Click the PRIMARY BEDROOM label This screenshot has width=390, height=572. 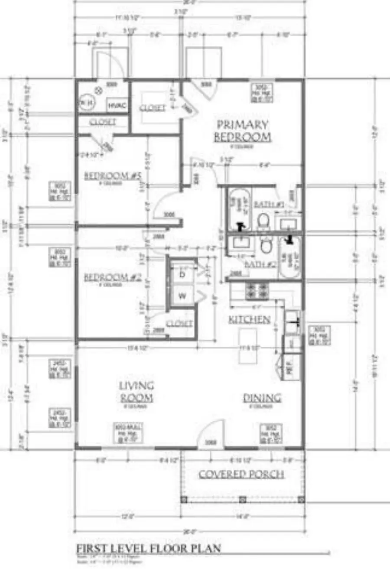click(x=243, y=131)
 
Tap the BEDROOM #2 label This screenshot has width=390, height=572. click(x=113, y=277)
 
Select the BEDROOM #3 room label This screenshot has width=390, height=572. click(x=113, y=175)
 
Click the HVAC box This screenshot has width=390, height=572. click(x=117, y=105)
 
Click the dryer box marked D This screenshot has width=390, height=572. click(x=182, y=274)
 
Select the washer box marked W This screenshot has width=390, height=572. click(x=182, y=296)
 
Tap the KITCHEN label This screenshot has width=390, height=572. click(x=249, y=320)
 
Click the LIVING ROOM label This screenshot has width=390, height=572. click(x=136, y=391)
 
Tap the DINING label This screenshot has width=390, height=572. click(x=262, y=398)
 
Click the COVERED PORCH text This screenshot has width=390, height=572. click(x=241, y=474)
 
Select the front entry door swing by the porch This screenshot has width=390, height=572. click(x=211, y=433)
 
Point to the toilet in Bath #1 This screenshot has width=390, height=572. click(x=263, y=221)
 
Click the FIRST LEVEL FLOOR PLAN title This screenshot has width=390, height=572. click(x=149, y=548)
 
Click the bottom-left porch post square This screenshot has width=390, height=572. click(x=184, y=499)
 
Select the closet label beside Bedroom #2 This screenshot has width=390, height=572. click(x=179, y=323)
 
